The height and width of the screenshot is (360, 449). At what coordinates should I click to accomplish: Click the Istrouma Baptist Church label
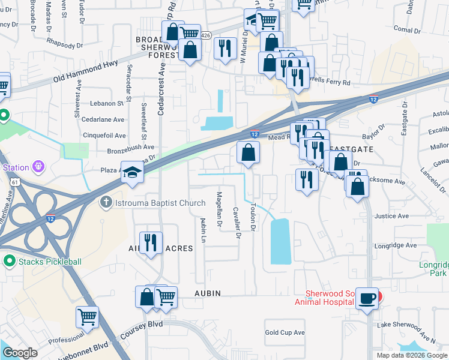[160, 203]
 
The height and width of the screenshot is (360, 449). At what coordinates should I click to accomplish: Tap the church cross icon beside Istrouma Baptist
[107, 203]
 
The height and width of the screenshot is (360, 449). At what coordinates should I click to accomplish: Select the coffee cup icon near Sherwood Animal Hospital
[367, 298]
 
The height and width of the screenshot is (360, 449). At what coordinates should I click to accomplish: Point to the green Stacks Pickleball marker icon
[9, 261]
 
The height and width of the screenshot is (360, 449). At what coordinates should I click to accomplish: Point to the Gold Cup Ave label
[285, 332]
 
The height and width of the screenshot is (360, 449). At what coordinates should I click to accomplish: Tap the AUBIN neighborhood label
[206, 293]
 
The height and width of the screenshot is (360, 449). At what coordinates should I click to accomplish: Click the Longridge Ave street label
[396, 245]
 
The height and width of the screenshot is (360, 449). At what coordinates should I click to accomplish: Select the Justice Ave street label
[387, 216]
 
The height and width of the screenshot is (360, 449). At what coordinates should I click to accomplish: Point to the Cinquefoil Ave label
[104, 136]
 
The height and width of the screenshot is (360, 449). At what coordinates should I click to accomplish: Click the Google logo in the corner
[20, 353]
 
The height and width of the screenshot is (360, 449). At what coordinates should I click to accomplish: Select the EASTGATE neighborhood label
[352, 148]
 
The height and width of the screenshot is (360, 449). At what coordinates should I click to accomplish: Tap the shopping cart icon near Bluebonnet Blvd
[88, 316]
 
